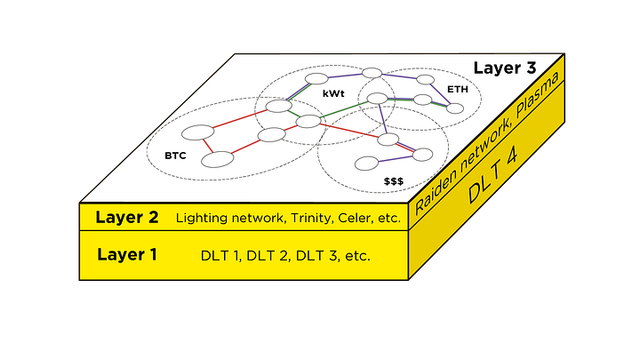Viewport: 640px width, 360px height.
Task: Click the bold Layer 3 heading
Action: click(x=505, y=68)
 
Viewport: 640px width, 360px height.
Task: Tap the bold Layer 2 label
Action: click(x=127, y=218)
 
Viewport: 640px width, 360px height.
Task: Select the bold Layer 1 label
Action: click(x=127, y=255)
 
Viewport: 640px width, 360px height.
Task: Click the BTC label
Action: click(x=175, y=156)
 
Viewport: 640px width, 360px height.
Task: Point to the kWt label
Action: click(x=333, y=93)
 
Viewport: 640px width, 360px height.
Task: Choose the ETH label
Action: click(x=458, y=90)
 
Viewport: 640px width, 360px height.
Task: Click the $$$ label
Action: click(x=394, y=180)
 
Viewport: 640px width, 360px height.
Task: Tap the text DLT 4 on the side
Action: click(x=493, y=175)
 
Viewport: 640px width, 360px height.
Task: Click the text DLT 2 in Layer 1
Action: click(x=268, y=256)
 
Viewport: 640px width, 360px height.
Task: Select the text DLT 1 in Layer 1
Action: click(x=220, y=256)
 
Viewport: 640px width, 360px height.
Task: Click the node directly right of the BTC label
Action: click(x=218, y=159)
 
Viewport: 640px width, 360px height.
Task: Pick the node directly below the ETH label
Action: click(x=455, y=108)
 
